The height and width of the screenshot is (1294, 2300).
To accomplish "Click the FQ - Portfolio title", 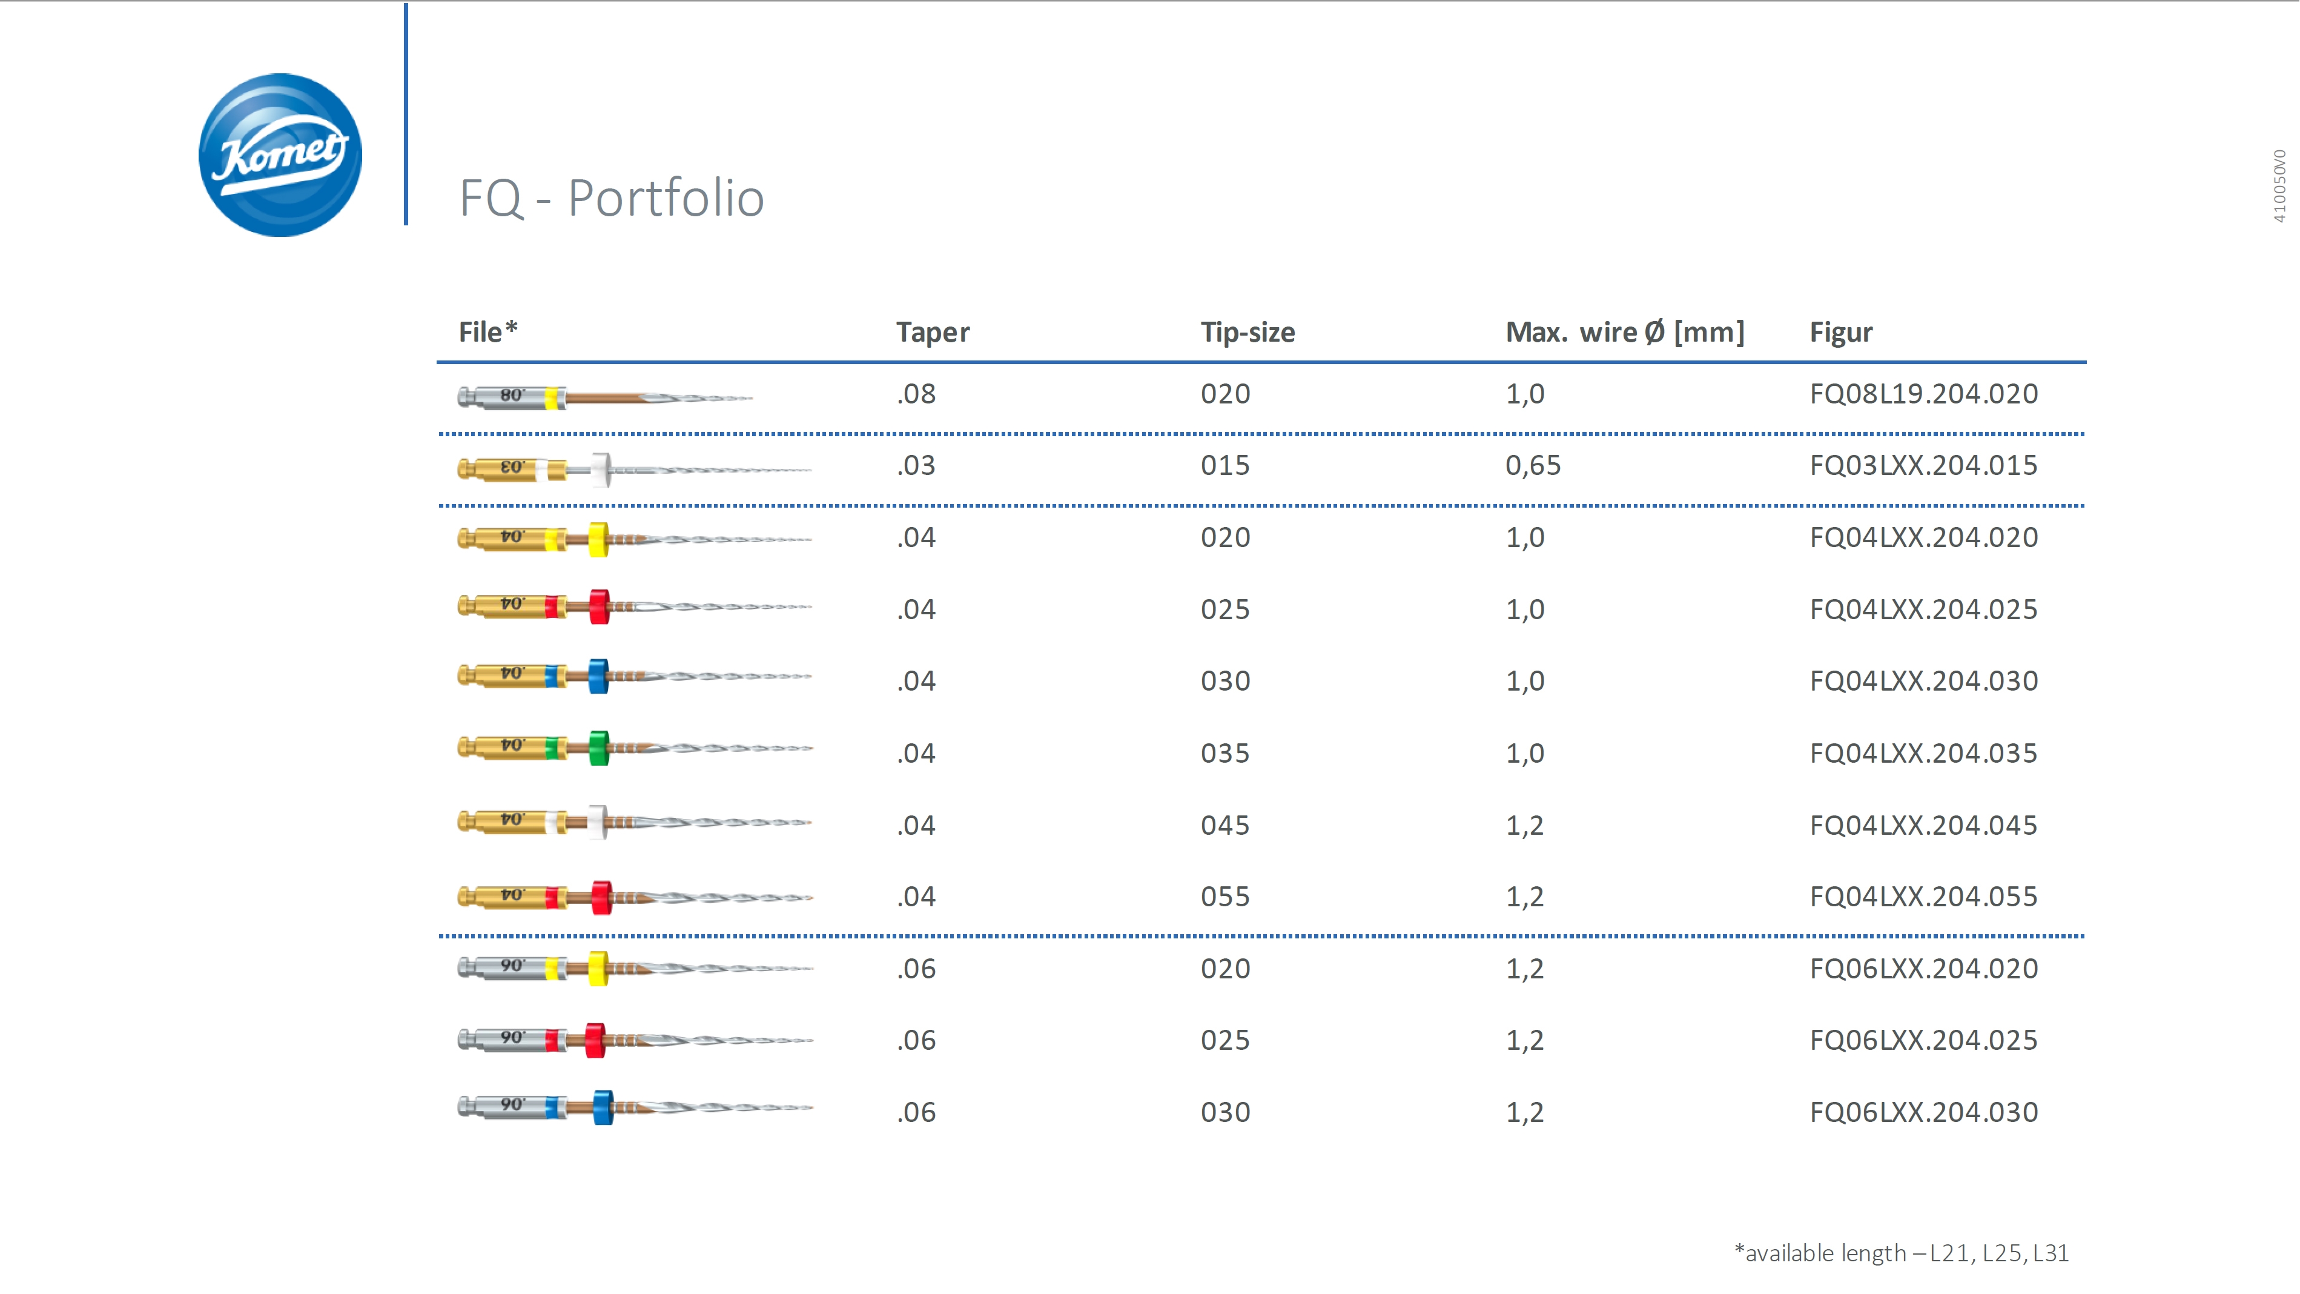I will [612, 197].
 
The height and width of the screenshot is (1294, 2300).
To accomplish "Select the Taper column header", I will [932, 332].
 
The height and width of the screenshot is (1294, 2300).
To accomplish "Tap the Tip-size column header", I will [1247, 332].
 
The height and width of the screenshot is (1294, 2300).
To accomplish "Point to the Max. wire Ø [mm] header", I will [1624, 332].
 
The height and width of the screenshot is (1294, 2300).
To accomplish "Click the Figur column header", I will [1840, 332].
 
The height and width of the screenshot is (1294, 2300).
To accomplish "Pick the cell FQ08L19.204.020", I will [1923, 394].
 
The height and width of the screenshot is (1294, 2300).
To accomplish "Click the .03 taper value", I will [916, 465].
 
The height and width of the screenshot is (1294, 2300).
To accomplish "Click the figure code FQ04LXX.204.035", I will [1923, 753].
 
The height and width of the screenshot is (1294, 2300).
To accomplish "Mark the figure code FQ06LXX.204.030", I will [1923, 1112].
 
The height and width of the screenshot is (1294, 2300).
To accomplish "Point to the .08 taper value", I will [916, 394].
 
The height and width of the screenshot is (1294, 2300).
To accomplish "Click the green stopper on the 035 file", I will [599, 748].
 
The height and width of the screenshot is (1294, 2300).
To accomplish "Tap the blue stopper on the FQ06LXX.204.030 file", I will [603, 1107].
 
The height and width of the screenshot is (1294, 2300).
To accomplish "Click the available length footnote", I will [1901, 1253].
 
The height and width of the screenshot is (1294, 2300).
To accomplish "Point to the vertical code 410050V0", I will [2279, 186].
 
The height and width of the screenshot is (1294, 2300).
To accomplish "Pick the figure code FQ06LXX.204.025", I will [1923, 1040].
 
